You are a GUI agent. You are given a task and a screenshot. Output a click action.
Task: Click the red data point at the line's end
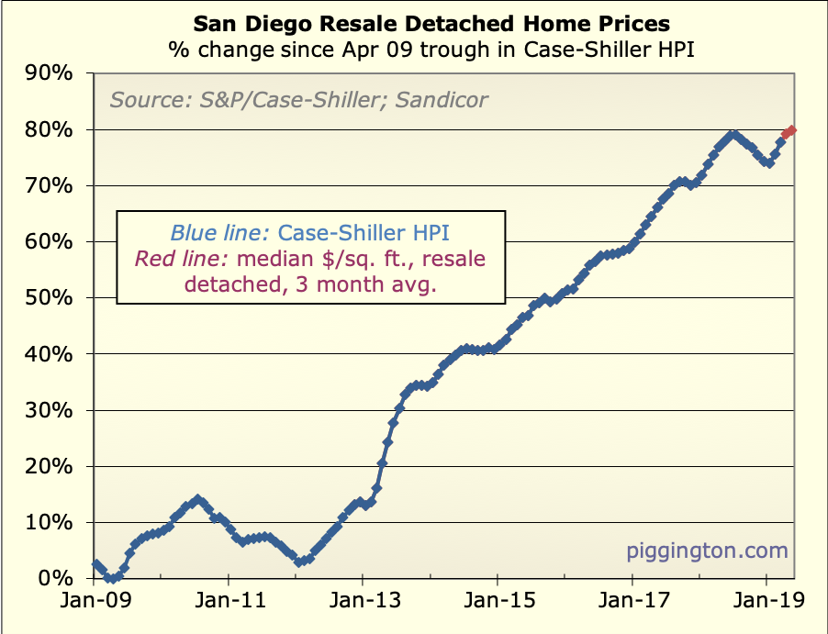pos(791,130)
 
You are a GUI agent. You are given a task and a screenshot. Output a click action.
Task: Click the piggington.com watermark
pos(707,551)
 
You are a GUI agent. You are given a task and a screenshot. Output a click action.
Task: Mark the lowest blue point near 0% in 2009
pos(110,578)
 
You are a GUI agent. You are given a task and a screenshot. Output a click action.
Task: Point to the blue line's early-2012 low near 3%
pos(299,562)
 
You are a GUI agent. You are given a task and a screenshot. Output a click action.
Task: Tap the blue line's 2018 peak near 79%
pos(732,136)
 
